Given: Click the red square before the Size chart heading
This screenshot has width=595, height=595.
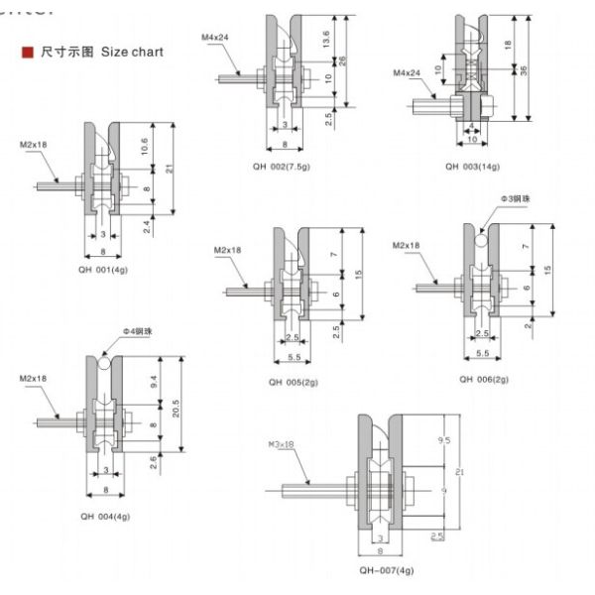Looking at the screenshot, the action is [x=28, y=52].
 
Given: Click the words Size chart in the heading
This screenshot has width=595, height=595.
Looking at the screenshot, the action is [x=133, y=52].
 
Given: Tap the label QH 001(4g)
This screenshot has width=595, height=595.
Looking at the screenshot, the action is [x=104, y=268].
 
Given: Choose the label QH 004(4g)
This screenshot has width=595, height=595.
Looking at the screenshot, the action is [x=105, y=517].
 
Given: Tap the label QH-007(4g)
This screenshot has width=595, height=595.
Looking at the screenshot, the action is [x=386, y=570].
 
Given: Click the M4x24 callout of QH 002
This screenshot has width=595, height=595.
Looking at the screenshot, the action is [x=215, y=38].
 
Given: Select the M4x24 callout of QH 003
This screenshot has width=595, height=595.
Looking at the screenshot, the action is [x=407, y=73].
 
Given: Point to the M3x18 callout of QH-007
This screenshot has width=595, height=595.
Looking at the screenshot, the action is [x=282, y=445].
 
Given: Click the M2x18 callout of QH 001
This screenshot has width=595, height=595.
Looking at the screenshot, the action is [x=33, y=146].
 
